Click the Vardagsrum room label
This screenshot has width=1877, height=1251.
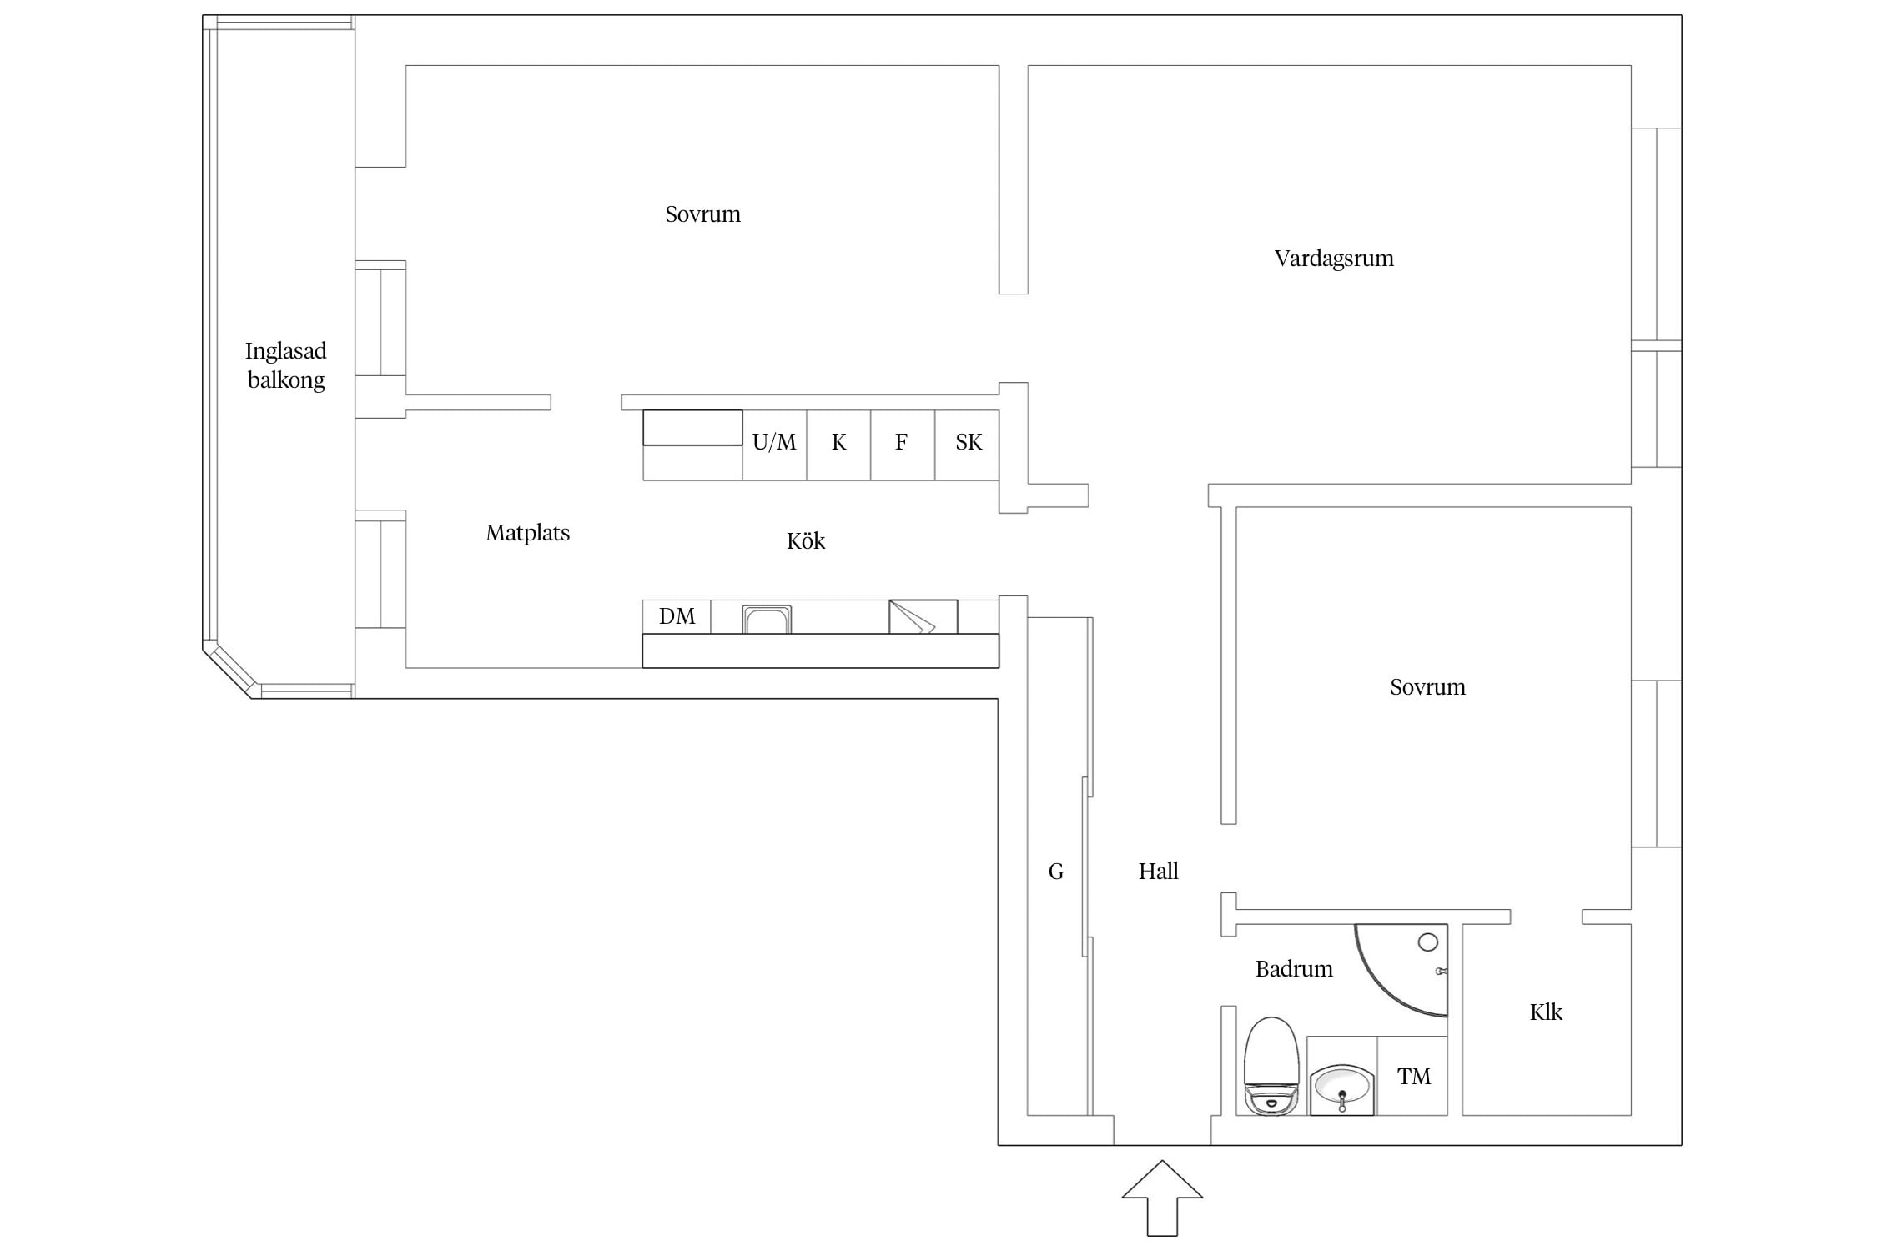point(1333,259)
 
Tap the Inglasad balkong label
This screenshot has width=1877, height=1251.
point(285,365)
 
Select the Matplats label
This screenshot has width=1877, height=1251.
point(527,533)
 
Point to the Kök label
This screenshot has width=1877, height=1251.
point(805,540)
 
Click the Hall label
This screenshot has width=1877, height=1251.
point(1158,872)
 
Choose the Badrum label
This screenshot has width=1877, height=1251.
point(1294,969)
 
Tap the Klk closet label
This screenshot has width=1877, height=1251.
point(1546,1012)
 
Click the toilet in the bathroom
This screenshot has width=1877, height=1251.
point(1271,1066)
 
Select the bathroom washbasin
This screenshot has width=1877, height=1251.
point(1341,1089)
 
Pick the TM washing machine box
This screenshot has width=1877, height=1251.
point(1412,1076)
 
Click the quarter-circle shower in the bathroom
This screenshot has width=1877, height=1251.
point(1401,970)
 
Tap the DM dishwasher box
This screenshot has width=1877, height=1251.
point(677,616)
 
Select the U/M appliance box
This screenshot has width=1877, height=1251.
point(774,445)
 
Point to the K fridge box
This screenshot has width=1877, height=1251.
point(838,445)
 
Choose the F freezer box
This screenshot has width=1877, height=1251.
point(903,445)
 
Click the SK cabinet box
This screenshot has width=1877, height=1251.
point(968,445)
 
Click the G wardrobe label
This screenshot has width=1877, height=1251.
point(1056,872)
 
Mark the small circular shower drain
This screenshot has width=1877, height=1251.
point(1427,942)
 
